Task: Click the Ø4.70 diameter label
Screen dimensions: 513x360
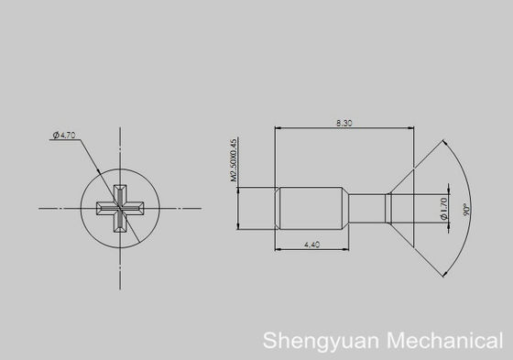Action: click(66, 136)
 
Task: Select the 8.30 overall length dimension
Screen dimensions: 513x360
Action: click(344, 124)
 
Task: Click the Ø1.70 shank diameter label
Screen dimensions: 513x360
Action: click(443, 208)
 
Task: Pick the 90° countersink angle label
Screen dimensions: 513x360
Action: click(466, 210)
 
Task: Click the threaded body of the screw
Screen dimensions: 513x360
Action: click(311, 208)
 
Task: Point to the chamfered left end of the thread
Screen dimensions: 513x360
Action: click(278, 208)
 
